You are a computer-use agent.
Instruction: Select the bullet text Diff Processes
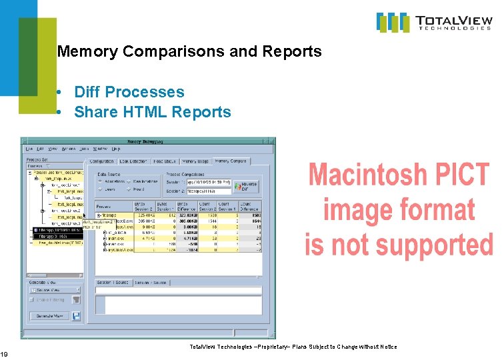[x=129, y=92]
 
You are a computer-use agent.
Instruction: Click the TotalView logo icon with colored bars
[x=393, y=22]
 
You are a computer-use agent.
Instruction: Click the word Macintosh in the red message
[x=377, y=175]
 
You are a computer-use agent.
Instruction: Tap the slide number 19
[x=4, y=353]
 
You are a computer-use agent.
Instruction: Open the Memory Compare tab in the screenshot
[x=231, y=161]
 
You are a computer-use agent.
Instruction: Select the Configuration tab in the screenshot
[x=101, y=161]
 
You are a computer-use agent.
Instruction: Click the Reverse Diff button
[x=248, y=185]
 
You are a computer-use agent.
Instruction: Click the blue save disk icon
[x=76, y=315]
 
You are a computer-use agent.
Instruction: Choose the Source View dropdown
[x=53, y=290]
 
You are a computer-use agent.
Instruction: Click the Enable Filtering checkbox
[x=31, y=300]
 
